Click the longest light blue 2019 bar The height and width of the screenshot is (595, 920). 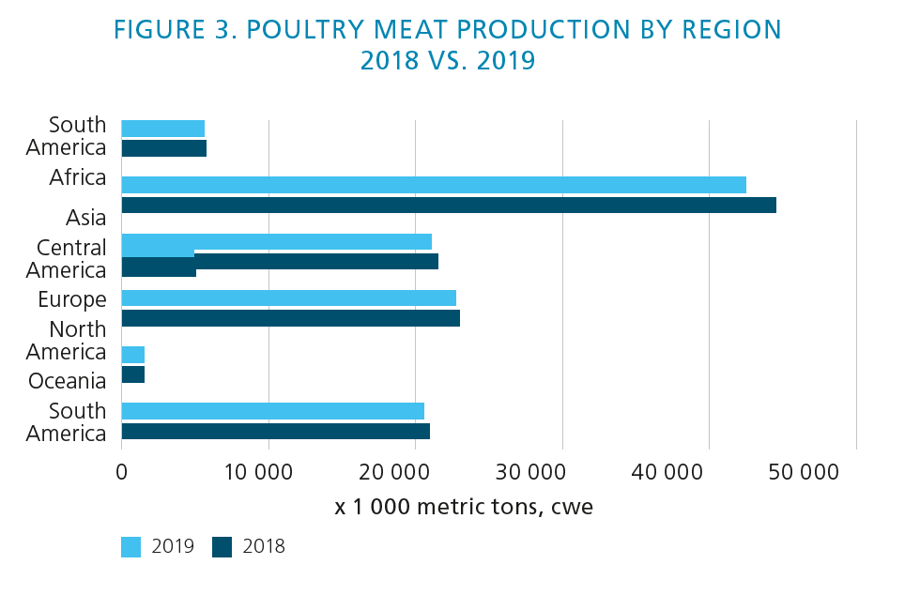click(434, 185)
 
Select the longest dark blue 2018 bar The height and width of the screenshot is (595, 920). click(449, 205)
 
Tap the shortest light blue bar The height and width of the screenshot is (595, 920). click(133, 354)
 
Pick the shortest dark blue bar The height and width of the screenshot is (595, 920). click(133, 374)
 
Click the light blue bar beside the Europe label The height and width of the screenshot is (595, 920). click(288, 297)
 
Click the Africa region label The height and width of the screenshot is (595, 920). click(78, 177)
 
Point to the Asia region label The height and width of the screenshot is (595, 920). click(85, 218)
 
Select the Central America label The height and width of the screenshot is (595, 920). click(71, 259)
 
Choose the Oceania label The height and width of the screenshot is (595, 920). click(67, 381)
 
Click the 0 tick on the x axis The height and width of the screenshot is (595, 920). click(122, 472)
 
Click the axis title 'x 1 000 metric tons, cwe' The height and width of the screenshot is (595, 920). click(464, 507)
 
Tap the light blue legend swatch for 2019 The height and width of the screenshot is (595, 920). click(130, 547)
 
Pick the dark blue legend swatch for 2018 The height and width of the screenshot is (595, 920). click(222, 547)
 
